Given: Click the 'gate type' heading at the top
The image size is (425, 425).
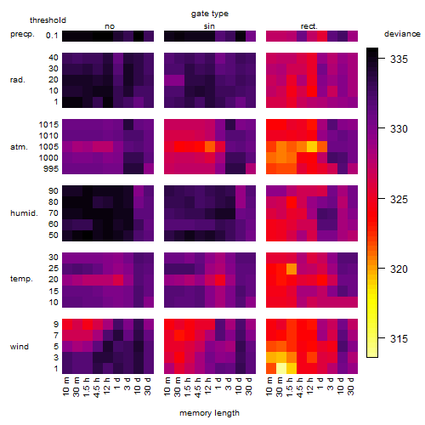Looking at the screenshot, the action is [210, 14].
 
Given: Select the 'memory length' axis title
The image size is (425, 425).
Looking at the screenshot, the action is [209, 413].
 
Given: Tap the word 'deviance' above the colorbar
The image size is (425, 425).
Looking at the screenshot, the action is [402, 34].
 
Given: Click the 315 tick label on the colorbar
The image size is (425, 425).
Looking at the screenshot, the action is [399, 338].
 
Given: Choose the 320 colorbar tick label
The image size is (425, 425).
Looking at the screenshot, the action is [399, 269].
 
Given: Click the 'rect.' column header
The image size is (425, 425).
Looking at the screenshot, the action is [309, 26].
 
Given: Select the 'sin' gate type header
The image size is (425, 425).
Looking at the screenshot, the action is [209, 26].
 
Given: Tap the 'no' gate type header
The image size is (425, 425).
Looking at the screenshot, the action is [110, 26].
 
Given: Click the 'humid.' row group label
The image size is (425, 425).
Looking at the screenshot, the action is [24, 213].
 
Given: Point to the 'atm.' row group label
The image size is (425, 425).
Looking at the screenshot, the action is [19, 147].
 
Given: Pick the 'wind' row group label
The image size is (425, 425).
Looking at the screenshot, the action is [20, 347].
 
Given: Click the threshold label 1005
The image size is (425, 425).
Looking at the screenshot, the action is [48, 147].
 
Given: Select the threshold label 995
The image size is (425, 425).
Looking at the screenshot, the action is [51, 169].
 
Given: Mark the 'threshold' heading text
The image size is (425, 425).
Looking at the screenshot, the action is [48, 20].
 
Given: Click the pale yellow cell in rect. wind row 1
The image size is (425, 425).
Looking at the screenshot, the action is [281, 368].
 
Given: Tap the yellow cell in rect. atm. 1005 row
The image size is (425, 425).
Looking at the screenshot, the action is [312, 147].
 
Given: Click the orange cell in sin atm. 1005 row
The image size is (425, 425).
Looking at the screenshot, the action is [210, 147].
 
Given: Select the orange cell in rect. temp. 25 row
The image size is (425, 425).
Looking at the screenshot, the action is [292, 269].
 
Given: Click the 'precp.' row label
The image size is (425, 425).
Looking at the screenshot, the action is [22, 34].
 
